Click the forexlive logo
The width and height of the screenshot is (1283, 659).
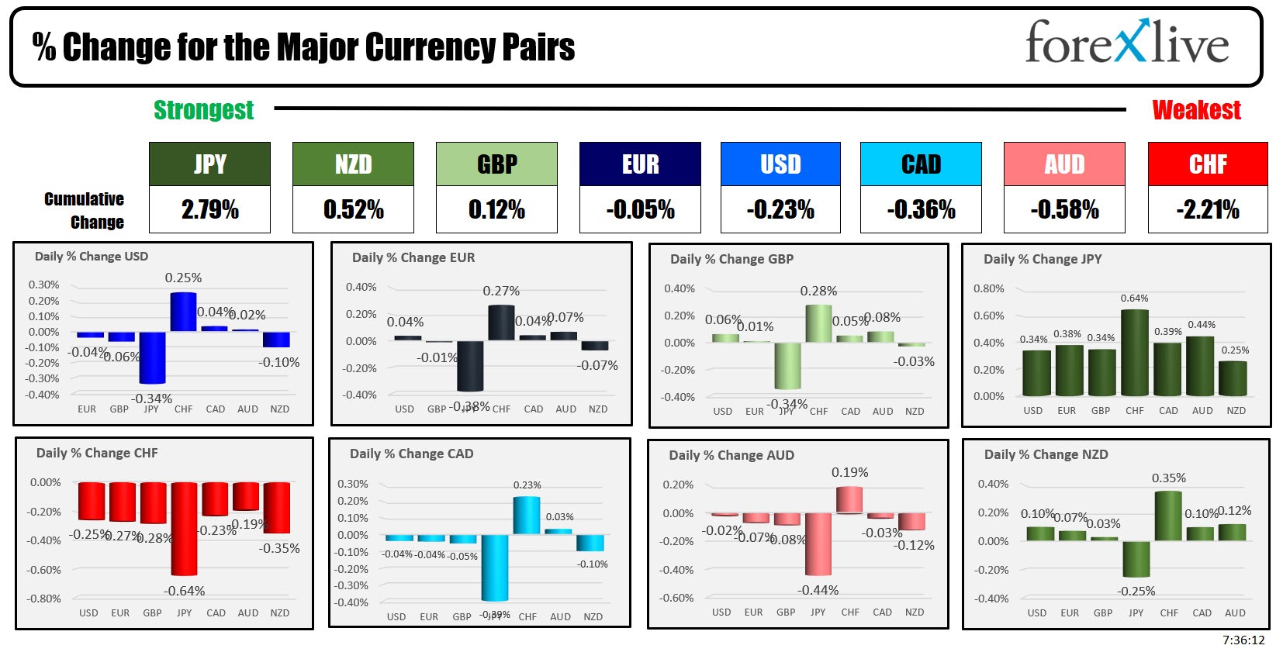(1126, 43)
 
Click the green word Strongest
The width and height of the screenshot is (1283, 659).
(203, 110)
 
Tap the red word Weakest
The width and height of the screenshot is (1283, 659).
(1196, 110)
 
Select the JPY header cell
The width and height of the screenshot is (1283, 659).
(209, 164)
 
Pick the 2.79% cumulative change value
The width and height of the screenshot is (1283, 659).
(209, 209)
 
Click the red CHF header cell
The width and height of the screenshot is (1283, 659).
(1208, 164)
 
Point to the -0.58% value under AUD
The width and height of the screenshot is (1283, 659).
(1064, 209)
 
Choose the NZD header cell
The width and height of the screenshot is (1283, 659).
(353, 164)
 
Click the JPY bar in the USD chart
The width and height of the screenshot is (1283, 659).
(152, 357)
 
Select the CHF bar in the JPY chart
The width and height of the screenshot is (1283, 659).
(1135, 353)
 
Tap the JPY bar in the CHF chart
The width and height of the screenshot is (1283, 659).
(184, 529)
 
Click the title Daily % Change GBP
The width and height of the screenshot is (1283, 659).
(731, 259)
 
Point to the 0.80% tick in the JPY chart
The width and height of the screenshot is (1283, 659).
(988, 288)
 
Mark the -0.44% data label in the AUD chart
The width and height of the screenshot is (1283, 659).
(818, 590)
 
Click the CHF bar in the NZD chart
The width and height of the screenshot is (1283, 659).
(1168, 516)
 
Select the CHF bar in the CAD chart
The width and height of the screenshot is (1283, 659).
(527, 515)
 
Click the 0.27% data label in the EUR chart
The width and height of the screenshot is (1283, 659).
(501, 291)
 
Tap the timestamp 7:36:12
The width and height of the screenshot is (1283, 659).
(1243, 640)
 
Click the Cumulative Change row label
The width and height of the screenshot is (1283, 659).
(85, 210)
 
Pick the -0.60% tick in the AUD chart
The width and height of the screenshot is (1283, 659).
(676, 598)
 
